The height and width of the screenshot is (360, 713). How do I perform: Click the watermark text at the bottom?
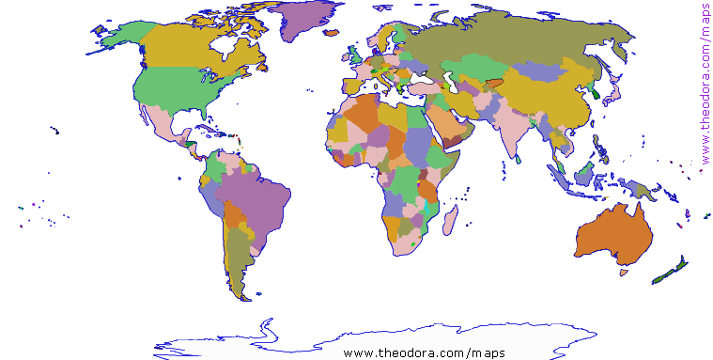(424, 352)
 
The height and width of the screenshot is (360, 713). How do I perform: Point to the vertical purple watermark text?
(705, 85)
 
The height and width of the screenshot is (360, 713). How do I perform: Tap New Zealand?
(670, 274)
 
